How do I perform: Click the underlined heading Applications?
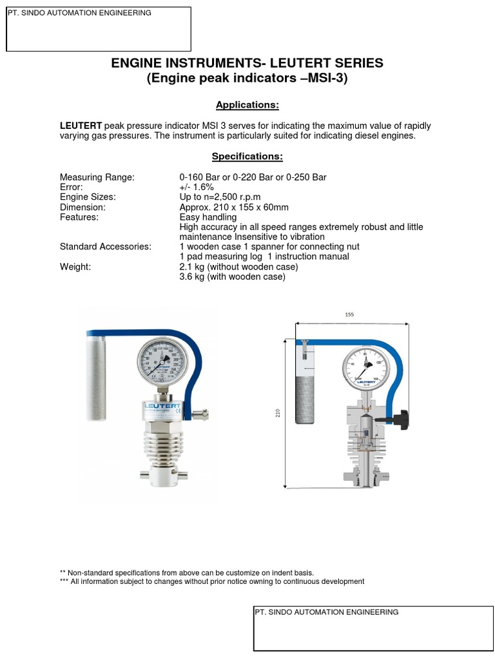click(247, 105)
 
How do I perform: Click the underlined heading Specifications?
click(247, 157)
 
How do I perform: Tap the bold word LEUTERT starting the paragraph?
click(81, 125)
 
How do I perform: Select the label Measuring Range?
click(97, 177)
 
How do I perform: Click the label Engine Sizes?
click(88, 197)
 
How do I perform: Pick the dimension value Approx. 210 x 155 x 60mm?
click(234, 208)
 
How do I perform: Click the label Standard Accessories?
click(105, 247)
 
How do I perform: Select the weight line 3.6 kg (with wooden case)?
click(232, 277)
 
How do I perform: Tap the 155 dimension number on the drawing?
click(350, 315)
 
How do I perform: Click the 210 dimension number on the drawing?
click(278, 413)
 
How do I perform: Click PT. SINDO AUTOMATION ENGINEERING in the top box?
click(79, 13)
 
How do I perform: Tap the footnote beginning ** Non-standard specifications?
click(187, 572)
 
